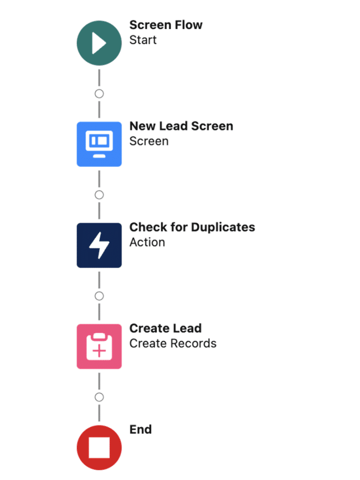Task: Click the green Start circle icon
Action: pyautogui.click(x=99, y=43)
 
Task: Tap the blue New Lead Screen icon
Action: pyautogui.click(x=99, y=144)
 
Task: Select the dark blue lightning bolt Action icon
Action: pyautogui.click(x=99, y=245)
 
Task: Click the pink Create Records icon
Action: pyautogui.click(x=99, y=346)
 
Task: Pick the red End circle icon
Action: pyautogui.click(x=99, y=447)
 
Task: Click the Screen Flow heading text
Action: pyautogui.click(x=166, y=25)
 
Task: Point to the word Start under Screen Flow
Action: pyautogui.click(x=143, y=40)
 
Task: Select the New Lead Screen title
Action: pyautogui.click(x=181, y=127)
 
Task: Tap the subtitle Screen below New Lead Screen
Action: pyautogui.click(x=149, y=142)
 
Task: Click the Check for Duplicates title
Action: pyautogui.click(x=192, y=228)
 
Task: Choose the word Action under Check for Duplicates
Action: pyautogui.click(x=147, y=243)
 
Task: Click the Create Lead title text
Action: pyautogui.click(x=165, y=329)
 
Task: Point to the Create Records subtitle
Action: pyautogui.click(x=173, y=344)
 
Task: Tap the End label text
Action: pyautogui.click(x=140, y=430)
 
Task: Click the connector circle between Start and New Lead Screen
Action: pyautogui.click(x=99, y=93)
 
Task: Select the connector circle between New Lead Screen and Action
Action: pyautogui.click(x=99, y=195)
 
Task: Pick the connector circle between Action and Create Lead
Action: pyautogui.click(x=99, y=296)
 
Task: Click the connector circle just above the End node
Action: pyautogui.click(x=99, y=397)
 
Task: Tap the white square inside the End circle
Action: pyautogui.click(x=99, y=448)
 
